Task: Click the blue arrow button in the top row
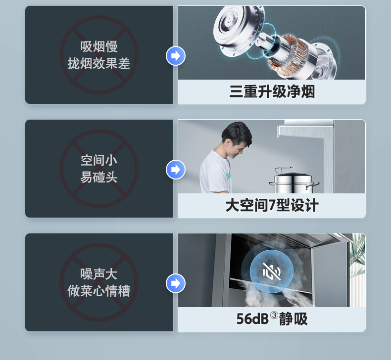coord(176,56)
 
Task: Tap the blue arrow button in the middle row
coord(176,170)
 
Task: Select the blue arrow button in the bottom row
coord(176,283)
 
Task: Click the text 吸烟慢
coord(99,46)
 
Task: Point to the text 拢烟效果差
coord(99,63)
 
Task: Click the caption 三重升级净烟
coord(272,91)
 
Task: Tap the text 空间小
coord(99,160)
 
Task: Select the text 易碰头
coord(99,177)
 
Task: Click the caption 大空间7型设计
coord(272,206)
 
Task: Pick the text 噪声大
coord(99,274)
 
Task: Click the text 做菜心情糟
coord(99,291)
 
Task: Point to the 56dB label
coord(252,319)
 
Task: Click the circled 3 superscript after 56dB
coord(274,315)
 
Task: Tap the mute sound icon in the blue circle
coord(272,271)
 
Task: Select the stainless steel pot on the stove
coord(293,180)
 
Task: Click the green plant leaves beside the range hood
coord(357,252)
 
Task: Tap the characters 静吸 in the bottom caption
coord(293,319)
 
